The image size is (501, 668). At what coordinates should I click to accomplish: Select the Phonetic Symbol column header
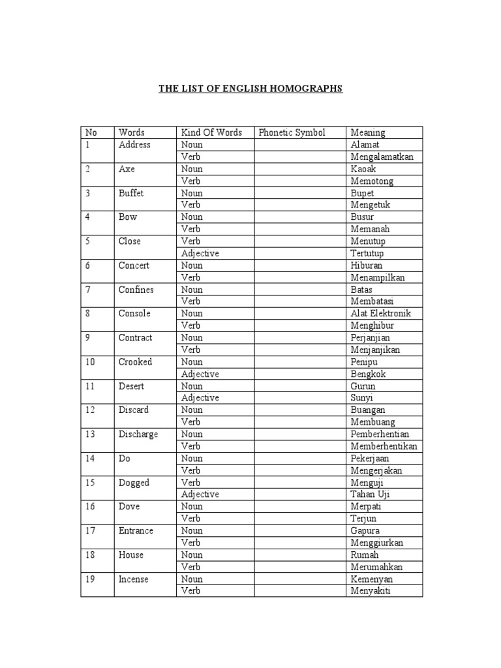click(292, 132)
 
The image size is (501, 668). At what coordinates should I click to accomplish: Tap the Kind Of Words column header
click(211, 132)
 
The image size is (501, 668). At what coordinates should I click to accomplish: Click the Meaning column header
click(367, 132)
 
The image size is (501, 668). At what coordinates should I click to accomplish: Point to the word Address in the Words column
click(134, 145)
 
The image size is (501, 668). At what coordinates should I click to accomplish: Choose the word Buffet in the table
click(131, 193)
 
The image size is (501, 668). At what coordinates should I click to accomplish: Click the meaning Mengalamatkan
click(382, 157)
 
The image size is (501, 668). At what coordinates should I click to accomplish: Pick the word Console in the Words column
click(134, 313)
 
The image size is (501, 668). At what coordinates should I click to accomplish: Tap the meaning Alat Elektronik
click(381, 313)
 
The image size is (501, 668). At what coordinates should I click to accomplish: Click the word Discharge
click(138, 434)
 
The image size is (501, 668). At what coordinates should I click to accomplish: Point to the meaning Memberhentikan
click(384, 446)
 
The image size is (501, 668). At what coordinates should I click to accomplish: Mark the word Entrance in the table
click(136, 530)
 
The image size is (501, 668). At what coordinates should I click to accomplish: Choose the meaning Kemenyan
click(371, 579)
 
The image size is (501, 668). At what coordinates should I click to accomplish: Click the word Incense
click(133, 579)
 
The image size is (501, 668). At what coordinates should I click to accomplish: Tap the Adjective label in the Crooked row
click(200, 374)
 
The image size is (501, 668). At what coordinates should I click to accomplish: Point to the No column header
click(91, 132)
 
